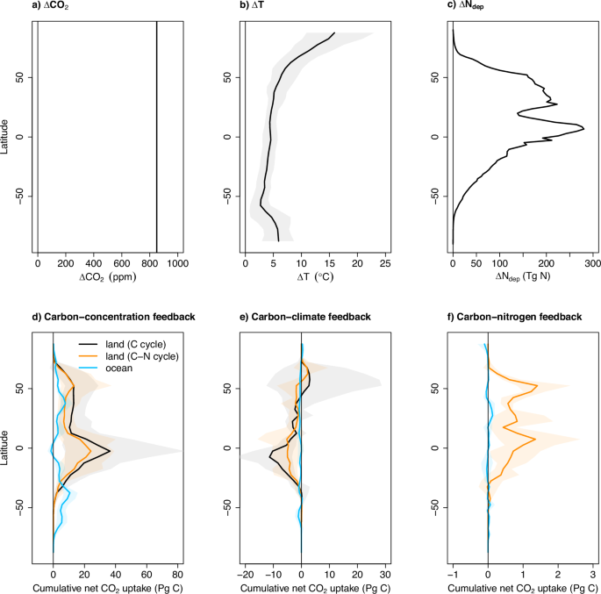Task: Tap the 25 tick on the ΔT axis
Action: [384, 262]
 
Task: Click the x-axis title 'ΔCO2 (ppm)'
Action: [106, 277]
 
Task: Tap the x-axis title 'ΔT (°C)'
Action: [314, 277]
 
